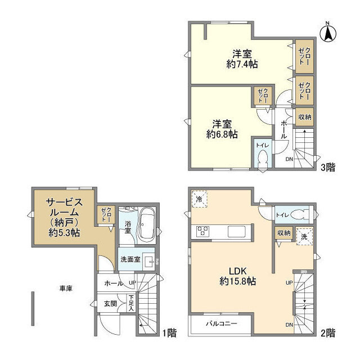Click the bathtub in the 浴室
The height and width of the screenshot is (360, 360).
(147, 224)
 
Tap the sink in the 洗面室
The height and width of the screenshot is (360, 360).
(150, 262)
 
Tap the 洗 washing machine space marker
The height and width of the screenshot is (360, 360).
(304, 236)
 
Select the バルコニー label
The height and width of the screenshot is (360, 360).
(220, 324)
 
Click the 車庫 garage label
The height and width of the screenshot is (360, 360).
(66, 288)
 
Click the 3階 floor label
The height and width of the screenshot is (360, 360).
(328, 166)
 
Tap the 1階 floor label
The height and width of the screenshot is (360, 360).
(169, 332)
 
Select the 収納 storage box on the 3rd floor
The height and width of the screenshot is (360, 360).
(304, 117)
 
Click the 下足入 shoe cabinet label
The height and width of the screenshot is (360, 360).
(130, 304)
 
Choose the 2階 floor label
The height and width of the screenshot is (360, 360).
(328, 332)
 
